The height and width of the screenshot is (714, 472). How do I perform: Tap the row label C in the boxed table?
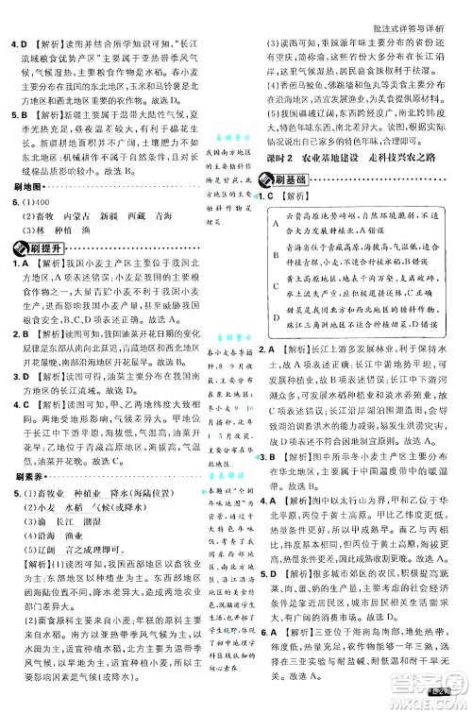274,287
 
